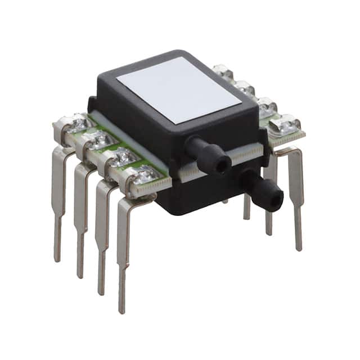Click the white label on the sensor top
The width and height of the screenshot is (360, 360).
coord(179,89)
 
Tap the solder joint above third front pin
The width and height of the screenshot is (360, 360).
coord(123,158)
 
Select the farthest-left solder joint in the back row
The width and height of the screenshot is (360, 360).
coord(224,71)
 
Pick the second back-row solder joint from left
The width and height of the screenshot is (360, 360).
coord(245,87)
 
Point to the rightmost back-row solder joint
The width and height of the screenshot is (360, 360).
coord(286,124)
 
